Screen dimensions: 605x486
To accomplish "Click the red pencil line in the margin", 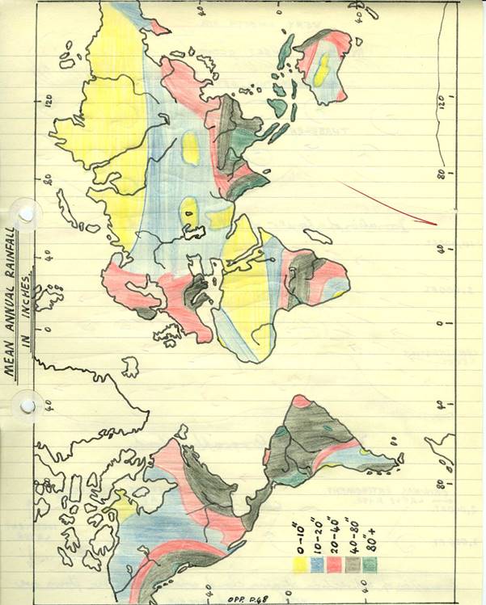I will click(389, 202).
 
